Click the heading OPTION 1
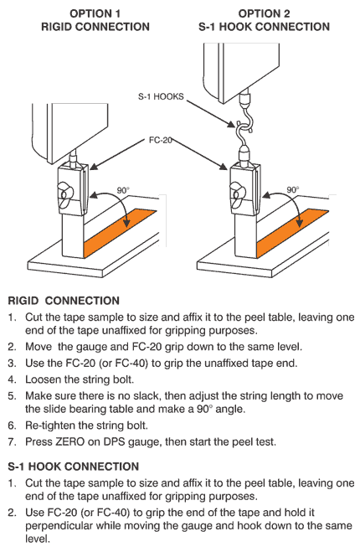tap(95, 13)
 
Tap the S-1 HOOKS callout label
tap(161, 97)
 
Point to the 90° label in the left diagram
tap(123, 191)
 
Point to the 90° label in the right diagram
tap(293, 190)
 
